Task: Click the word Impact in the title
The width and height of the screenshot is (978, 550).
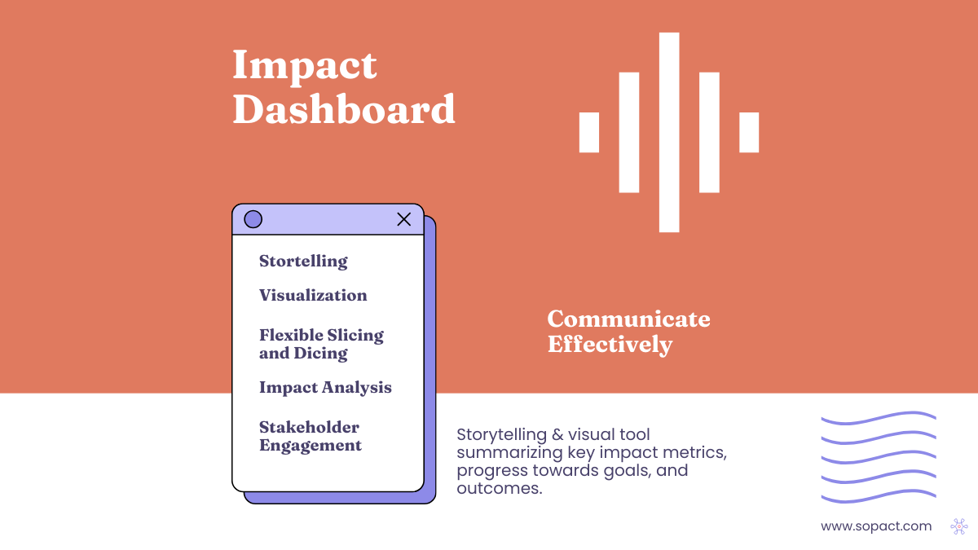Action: [x=305, y=66]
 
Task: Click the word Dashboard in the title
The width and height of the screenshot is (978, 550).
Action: [x=344, y=109]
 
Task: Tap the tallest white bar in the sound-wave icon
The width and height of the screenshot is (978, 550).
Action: [x=669, y=132]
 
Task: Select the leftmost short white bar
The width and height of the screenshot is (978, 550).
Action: [x=589, y=133]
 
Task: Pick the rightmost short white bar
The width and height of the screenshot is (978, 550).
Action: [x=749, y=133]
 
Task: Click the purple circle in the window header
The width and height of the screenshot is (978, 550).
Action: [x=253, y=219]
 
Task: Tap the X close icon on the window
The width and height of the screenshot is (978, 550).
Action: [x=403, y=219]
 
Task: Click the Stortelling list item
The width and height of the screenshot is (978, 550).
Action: [x=303, y=262]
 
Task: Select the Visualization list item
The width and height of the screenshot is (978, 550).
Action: [x=313, y=296]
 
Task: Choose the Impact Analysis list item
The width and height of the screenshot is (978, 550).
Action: [x=325, y=388]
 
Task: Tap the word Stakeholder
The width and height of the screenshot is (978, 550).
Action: [x=309, y=428]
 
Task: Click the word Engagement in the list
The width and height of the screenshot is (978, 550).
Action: [x=311, y=446]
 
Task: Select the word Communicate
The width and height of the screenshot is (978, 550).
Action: [x=628, y=319]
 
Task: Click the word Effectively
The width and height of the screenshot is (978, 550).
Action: [x=610, y=344]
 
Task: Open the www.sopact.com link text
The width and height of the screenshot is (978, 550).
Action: [x=876, y=526]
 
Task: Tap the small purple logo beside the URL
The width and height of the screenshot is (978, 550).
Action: [x=958, y=526]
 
